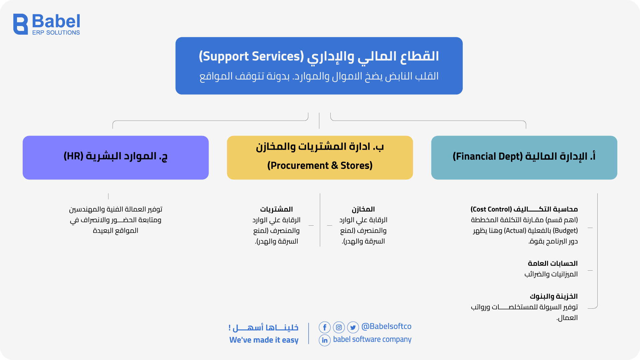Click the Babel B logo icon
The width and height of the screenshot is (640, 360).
pyautogui.click(x=20, y=24)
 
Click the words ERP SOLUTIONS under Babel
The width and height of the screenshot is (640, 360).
pyautogui.click(x=56, y=33)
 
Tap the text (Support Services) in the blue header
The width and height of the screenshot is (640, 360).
pyautogui.click(x=251, y=56)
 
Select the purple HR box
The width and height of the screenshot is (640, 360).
pyautogui.click(x=116, y=157)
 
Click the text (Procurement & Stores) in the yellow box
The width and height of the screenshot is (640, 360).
pyautogui.click(x=320, y=165)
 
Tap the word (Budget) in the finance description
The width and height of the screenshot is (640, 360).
pyautogui.click(x=565, y=231)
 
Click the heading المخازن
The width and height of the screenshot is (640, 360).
pyautogui.click(x=363, y=209)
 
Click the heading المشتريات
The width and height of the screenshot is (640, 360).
pyautogui.click(x=276, y=209)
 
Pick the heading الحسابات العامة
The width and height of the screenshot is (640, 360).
pyautogui.click(x=552, y=263)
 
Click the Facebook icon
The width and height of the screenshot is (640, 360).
pyautogui.click(x=324, y=327)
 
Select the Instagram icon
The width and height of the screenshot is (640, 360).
pyautogui.click(x=339, y=327)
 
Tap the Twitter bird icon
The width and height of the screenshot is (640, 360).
pyautogui.click(x=353, y=327)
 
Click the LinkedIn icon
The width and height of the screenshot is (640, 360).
pyautogui.click(x=324, y=340)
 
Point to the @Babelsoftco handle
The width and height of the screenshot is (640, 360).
pyautogui.click(x=386, y=326)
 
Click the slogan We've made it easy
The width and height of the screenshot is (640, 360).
pyautogui.click(x=264, y=340)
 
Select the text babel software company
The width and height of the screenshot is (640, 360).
pyautogui.click(x=372, y=339)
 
